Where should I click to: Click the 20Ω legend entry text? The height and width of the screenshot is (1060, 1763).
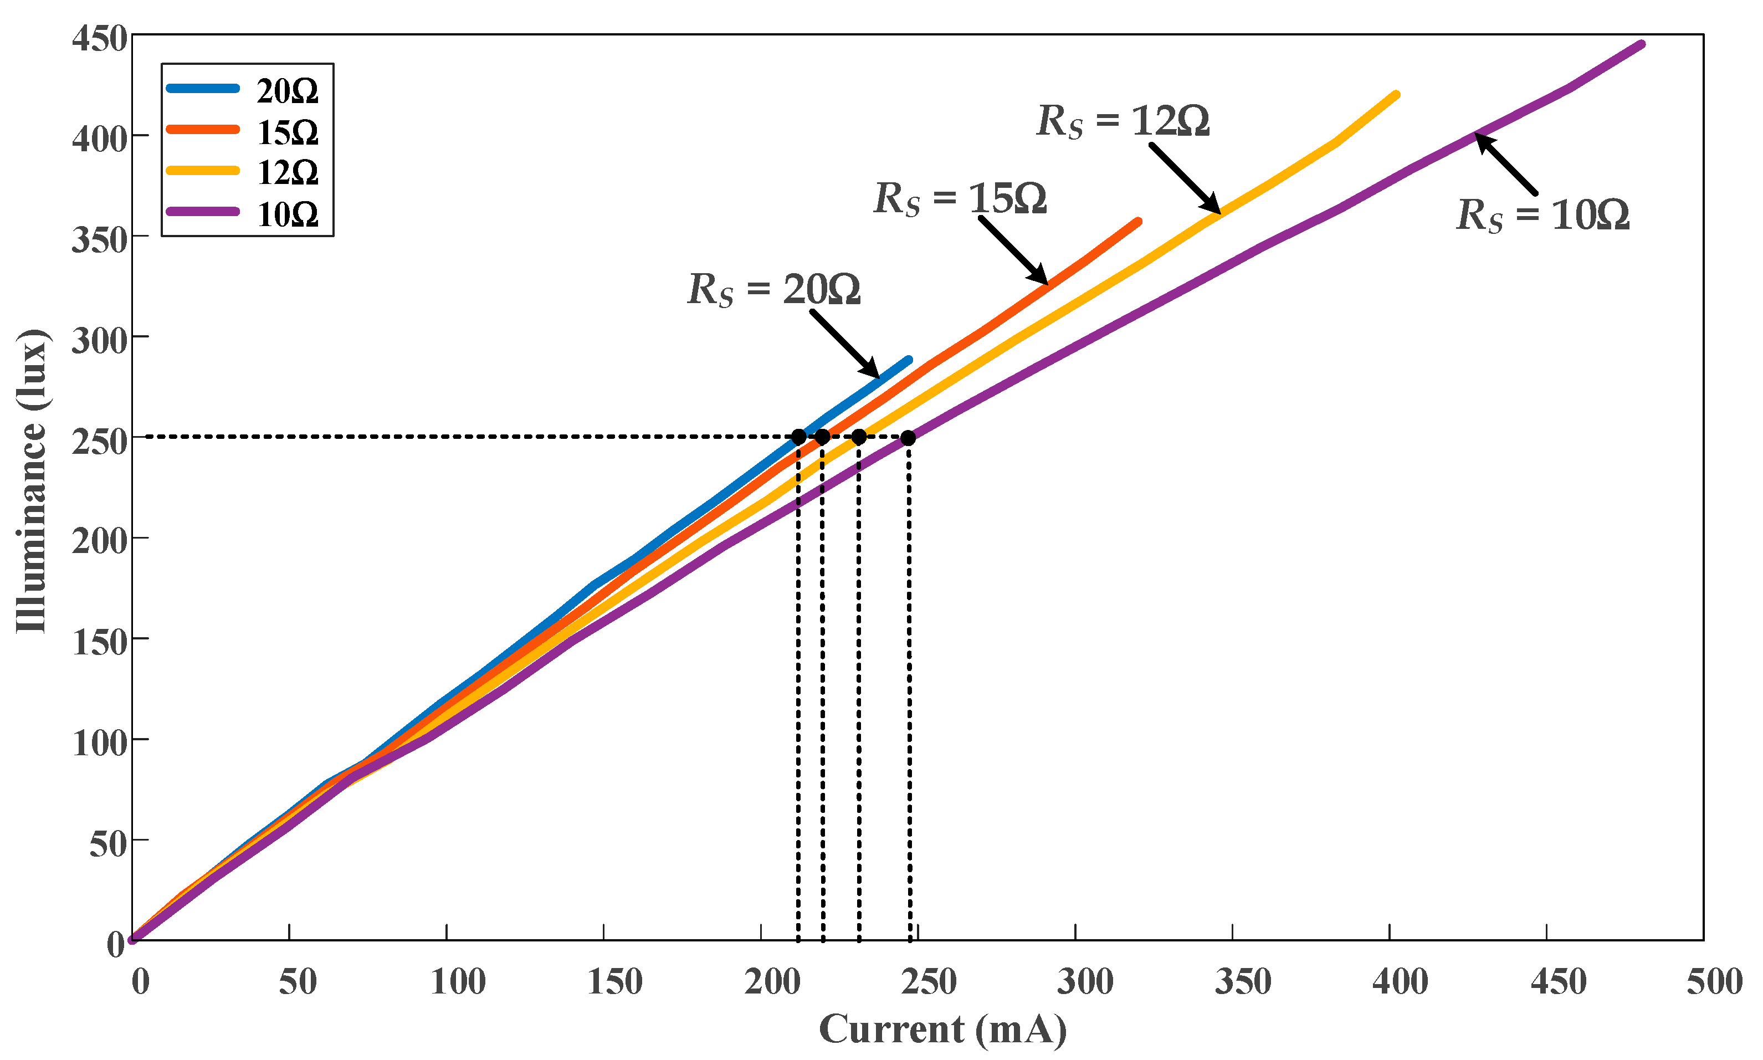click(x=287, y=91)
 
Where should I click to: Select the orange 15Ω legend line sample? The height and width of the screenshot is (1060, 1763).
click(x=203, y=129)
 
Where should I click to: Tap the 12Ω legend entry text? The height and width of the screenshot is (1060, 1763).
click(x=287, y=173)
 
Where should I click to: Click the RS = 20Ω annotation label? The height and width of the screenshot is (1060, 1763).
click(x=773, y=290)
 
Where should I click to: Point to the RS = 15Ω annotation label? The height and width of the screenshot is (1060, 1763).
click(x=960, y=198)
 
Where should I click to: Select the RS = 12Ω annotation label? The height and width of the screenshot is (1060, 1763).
click(x=1123, y=121)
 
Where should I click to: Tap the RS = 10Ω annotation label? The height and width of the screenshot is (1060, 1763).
click(x=1542, y=214)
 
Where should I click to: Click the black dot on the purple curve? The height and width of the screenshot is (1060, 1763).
click(x=908, y=438)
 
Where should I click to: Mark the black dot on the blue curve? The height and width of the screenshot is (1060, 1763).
click(x=798, y=437)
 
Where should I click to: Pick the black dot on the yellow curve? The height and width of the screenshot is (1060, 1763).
click(x=858, y=437)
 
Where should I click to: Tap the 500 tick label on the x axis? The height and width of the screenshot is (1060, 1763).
click(x=1714, y=981)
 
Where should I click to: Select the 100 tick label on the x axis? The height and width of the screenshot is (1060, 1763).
click(x=458, y=981)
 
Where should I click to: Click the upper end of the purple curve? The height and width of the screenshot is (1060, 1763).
click(x=1642, y=44)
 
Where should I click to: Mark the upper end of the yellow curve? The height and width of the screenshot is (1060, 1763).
click(x=1396, y=95)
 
